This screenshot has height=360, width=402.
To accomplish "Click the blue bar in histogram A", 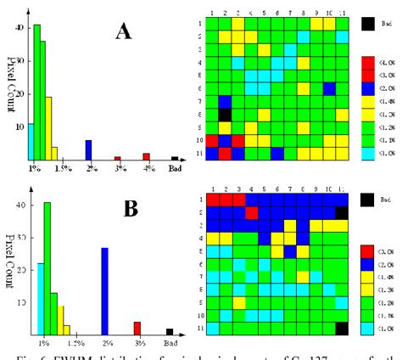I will (88, 149).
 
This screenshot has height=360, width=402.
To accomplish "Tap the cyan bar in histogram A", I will (31, 141).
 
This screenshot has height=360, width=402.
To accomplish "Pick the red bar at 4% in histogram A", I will (146, 156).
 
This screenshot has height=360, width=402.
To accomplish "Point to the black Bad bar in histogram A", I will (175, 158).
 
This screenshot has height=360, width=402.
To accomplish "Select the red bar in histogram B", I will (137, 329).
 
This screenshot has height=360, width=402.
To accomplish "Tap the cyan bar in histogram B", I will (40, 299).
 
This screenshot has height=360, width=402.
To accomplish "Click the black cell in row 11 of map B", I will (341, 328).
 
